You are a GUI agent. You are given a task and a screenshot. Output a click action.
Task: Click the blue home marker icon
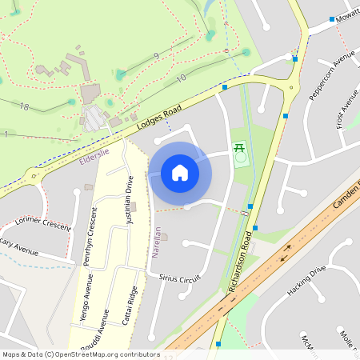180,173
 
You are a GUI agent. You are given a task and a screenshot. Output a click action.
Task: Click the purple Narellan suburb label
157,243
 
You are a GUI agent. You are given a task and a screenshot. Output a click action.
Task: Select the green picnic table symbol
238,148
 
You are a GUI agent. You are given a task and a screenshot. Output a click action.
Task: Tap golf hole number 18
24,106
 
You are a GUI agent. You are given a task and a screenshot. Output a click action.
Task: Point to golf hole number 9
155,55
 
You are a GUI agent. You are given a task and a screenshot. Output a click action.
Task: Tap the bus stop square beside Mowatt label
331,18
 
